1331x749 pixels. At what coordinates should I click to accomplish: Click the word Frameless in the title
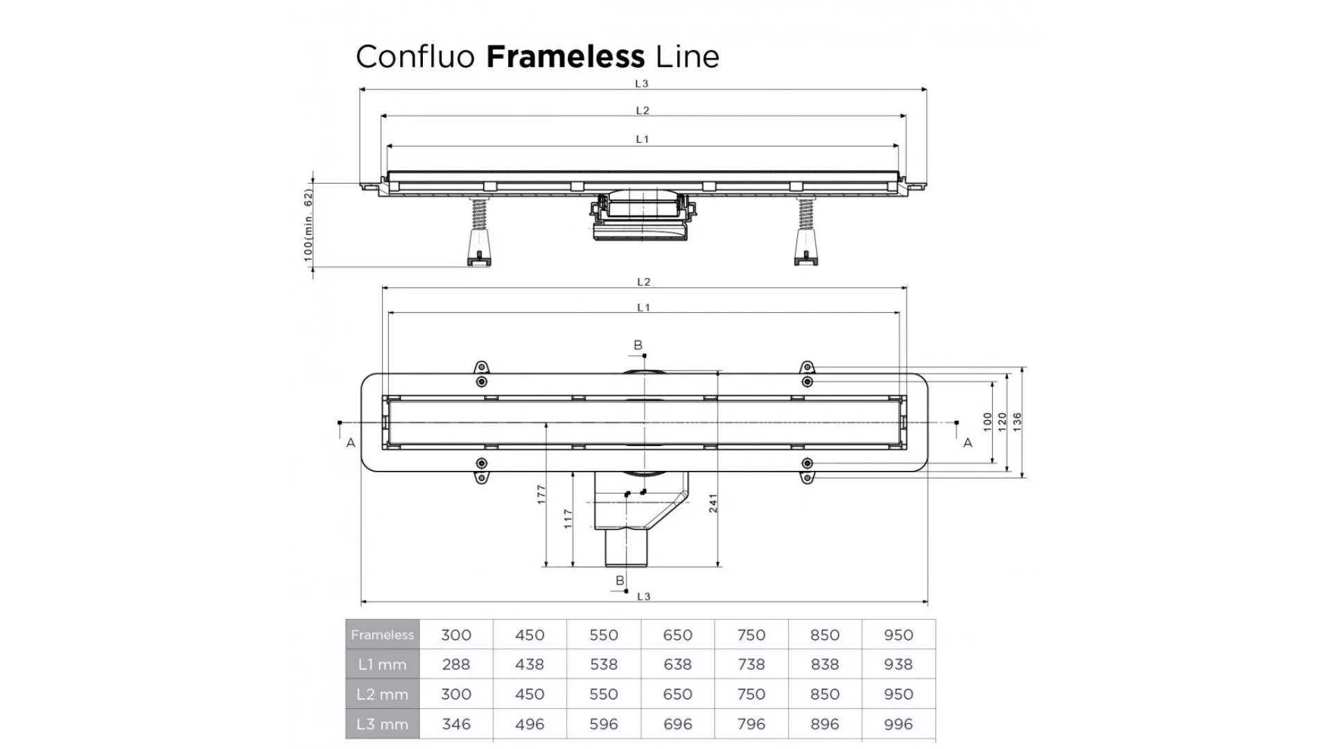tap(566, 56)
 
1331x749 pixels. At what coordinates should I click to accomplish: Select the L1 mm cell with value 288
tap(456, 664)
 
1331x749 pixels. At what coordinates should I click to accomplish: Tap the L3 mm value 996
tap(898, 724)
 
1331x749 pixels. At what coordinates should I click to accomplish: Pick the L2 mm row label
tap(382, 694)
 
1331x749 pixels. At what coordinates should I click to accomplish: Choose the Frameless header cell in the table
tap(382, 635)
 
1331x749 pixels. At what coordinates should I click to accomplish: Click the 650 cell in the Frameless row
tap(677, 635)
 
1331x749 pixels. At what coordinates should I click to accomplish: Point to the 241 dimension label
tap(713, 503)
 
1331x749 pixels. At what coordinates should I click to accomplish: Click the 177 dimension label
tap(541, 494)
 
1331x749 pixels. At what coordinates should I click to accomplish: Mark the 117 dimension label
tap(568, 519)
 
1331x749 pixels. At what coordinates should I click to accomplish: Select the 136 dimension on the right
tap(1017, 422)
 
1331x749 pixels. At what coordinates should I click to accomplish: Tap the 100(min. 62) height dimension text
tap(308, 225)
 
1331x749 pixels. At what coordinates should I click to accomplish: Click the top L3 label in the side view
tap(642, 84)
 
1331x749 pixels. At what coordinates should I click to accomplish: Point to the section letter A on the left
tap(351, 442)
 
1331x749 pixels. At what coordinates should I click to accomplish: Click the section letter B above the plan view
tap(638, 345)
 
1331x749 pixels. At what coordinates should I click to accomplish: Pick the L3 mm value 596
tap(604, 724)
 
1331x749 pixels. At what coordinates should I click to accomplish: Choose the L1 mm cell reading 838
tap(825, 664)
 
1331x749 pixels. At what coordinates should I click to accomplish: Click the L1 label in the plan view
tap(643, 307)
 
